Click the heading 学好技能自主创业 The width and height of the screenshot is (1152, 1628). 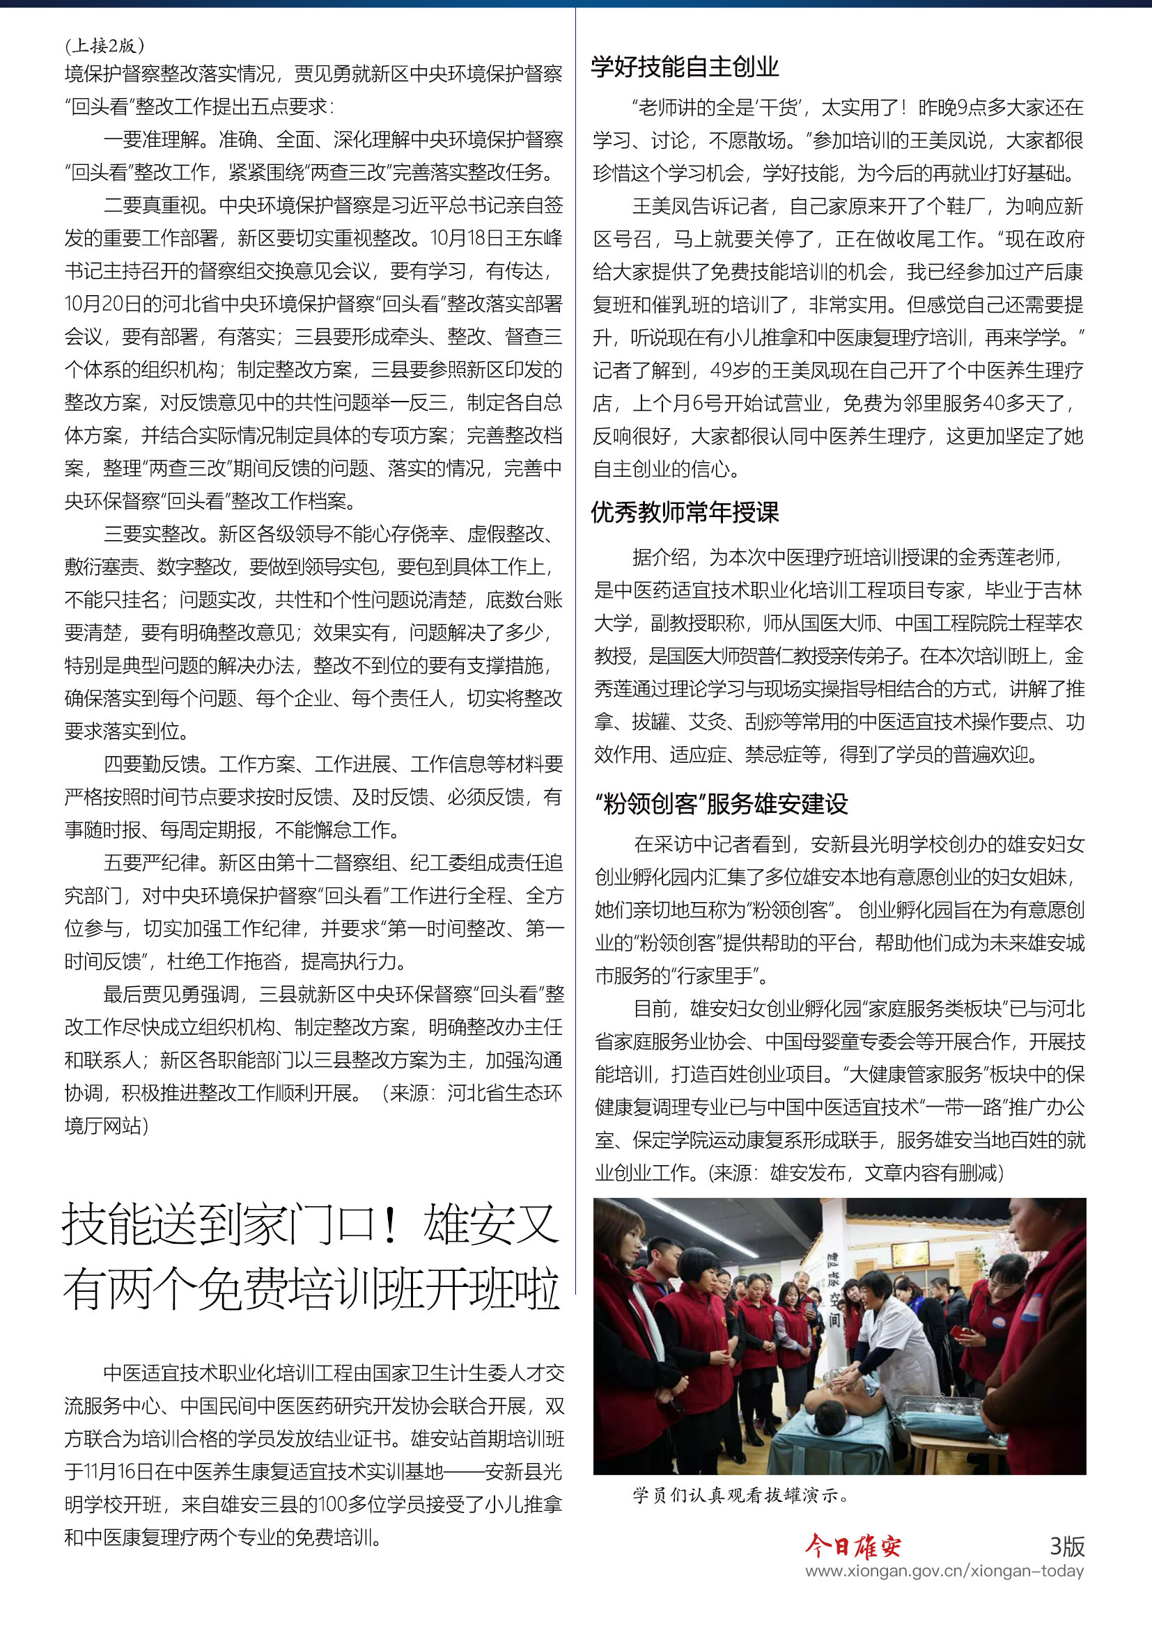tap(685, 68)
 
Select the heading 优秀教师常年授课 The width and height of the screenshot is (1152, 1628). tap(685, 512)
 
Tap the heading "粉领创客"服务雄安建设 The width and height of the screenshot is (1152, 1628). tap(722, 803)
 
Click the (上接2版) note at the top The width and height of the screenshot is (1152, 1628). tap(104, 46)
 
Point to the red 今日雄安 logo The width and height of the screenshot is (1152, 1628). tap(853, 1546)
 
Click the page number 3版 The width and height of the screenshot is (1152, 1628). tap(1067, 1546)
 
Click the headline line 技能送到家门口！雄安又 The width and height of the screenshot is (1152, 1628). tap(311, 1224)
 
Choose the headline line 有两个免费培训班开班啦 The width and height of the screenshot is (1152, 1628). tap(311, 1288)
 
